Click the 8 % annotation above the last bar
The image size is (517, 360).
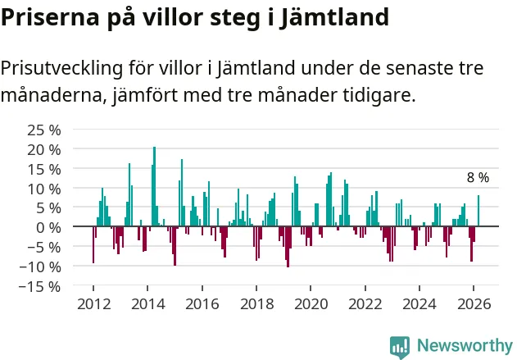coord(478,177)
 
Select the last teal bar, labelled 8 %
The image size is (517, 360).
coord(478,211)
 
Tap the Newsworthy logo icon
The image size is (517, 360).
coord(400,346)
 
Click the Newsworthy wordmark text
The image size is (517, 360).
coord(464,346)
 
